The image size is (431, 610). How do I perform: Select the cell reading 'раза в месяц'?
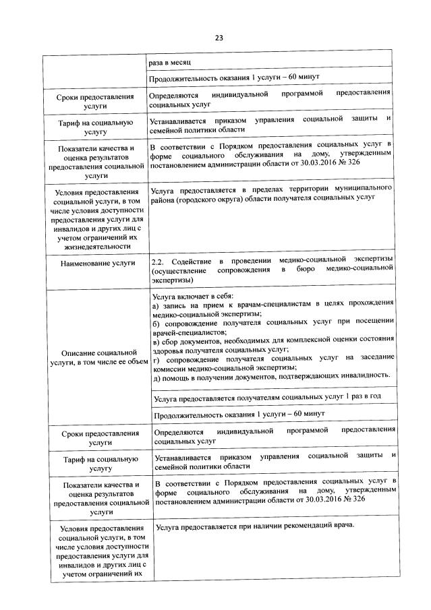pos(169,61)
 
